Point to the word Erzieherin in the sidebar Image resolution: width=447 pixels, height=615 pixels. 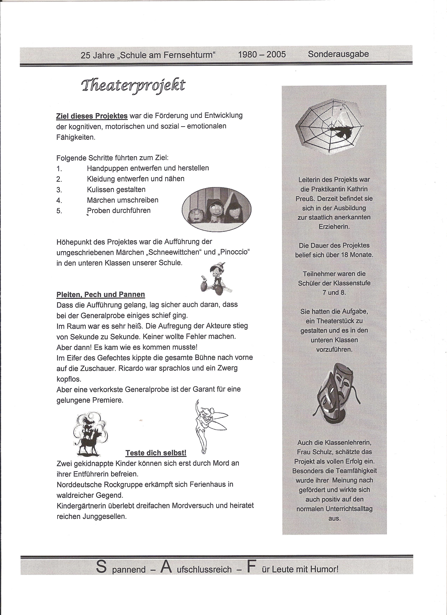[334, 226]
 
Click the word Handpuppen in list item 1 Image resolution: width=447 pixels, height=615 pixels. [107, 168]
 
